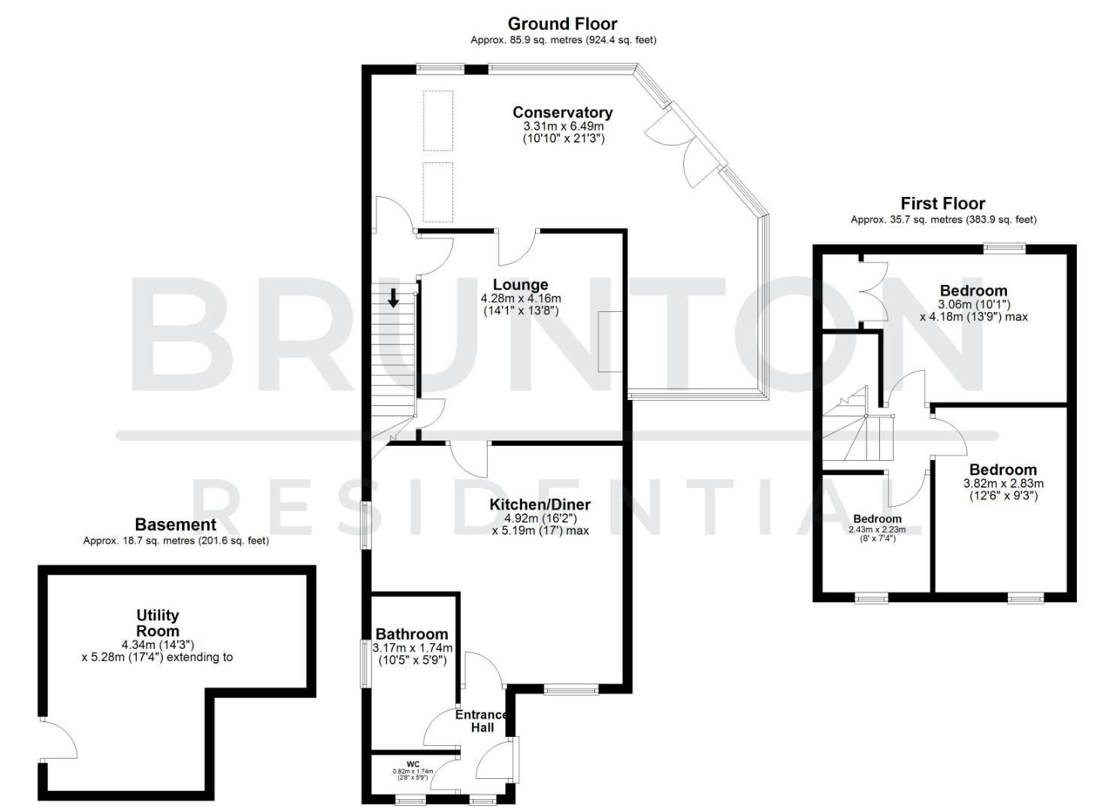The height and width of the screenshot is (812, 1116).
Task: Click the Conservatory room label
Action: (562, 112)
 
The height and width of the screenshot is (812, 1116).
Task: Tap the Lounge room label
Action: (520, 285)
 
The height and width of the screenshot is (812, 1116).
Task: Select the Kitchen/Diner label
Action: (540, 504)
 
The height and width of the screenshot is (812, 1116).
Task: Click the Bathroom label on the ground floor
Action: (412, 634)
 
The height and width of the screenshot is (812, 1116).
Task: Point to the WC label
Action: (413, 763)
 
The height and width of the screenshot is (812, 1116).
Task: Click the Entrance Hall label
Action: (482, 721)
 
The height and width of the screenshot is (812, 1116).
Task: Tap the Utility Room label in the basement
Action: (158, 623)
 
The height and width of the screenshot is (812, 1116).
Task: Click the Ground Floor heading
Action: (562, 24)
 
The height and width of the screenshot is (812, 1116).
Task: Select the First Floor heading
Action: (942, 204)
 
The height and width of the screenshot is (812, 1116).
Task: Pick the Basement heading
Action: (175, 525)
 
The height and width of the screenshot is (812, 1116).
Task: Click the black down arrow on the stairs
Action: (393, 298)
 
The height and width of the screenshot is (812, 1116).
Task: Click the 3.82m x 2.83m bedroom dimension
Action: (1003, 483)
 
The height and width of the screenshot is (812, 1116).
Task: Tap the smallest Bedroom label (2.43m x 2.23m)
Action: (877, 519)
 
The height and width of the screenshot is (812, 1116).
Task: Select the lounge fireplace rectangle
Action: (610, 341)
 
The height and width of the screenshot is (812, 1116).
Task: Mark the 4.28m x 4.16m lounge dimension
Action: (520, 298)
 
